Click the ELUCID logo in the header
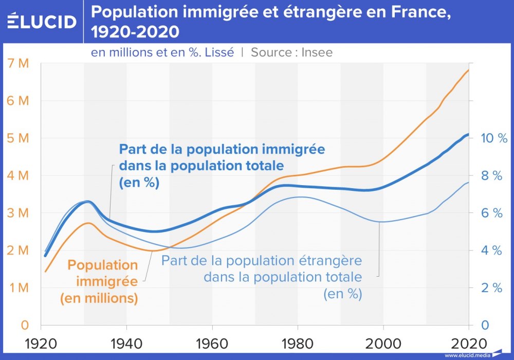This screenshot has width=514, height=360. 42,22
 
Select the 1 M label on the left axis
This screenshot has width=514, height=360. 19,288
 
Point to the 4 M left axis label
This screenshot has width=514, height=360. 19,176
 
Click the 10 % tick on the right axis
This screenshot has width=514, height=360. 494,138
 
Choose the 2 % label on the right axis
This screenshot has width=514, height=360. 491,288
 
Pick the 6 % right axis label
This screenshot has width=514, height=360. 491,213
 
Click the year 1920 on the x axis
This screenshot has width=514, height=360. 41,343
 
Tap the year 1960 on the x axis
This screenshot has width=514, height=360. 212,343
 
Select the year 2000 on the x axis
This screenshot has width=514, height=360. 383,343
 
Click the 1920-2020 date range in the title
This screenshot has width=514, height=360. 135,32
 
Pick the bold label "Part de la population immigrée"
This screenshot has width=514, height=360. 222,150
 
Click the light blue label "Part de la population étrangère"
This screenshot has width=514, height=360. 262,260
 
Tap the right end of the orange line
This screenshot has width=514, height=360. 468,70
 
